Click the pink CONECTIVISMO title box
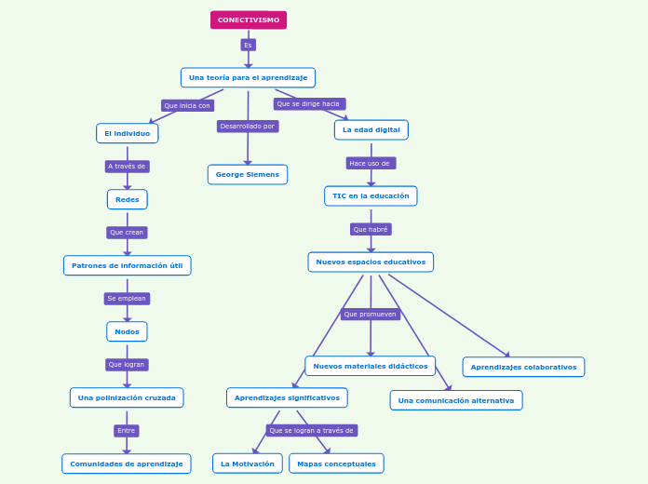point(249,20)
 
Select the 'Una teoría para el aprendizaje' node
point(248,77)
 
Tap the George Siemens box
point(248,174)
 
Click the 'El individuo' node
point(127,133)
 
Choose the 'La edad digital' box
point(371,129)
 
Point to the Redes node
point(127,199)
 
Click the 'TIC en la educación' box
point(371,195)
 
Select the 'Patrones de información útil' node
point(128,265)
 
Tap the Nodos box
point(127,331)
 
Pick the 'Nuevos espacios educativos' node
point(371,262)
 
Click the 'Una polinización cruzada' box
point(127,397)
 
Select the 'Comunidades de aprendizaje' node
point(127,464)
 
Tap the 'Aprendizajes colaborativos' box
point(523,367)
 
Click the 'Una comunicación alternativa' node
point(456,400)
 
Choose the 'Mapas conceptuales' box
point(336,464)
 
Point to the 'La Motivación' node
point(248,464)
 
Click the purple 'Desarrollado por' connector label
point(248,126)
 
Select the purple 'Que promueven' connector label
point(371,314)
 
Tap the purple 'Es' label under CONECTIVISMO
point(248,45)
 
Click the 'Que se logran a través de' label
point(311,430)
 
